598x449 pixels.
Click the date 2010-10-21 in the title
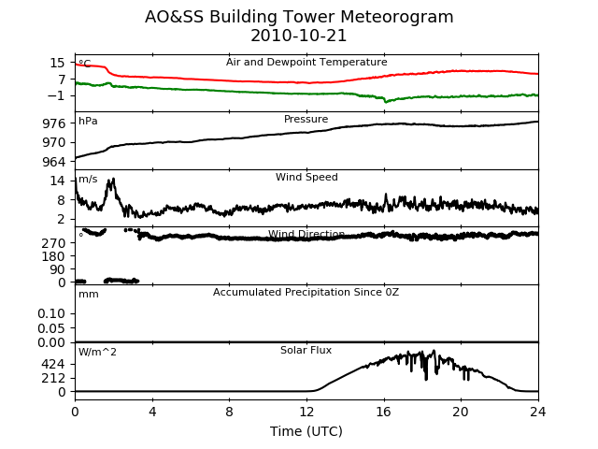pos(299,36)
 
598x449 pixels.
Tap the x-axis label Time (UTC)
pos(306,431)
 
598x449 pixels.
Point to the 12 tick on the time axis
pos(306,412)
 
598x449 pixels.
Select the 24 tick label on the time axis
pos(538,412)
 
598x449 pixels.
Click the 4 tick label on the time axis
pos(152,412)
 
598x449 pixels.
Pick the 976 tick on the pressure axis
pos(54,123)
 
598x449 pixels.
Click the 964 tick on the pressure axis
pos(54,162)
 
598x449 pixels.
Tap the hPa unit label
pos(88,122)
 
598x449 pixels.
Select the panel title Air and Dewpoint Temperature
pos(306,63)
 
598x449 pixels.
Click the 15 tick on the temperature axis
pos(58,63)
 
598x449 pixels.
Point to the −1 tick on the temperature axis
pos(56,95)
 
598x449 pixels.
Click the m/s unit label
pos(88,179)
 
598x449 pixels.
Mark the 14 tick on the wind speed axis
pos(58,181)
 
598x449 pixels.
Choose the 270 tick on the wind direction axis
pos(54,243)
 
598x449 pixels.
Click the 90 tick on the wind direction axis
pos(58,269)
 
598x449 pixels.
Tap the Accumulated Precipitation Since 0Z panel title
pos(306,293)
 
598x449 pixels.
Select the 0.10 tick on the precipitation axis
pos(51,314)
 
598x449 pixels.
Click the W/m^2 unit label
pos(97,352)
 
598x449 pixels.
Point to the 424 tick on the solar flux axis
pos(54,364)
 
